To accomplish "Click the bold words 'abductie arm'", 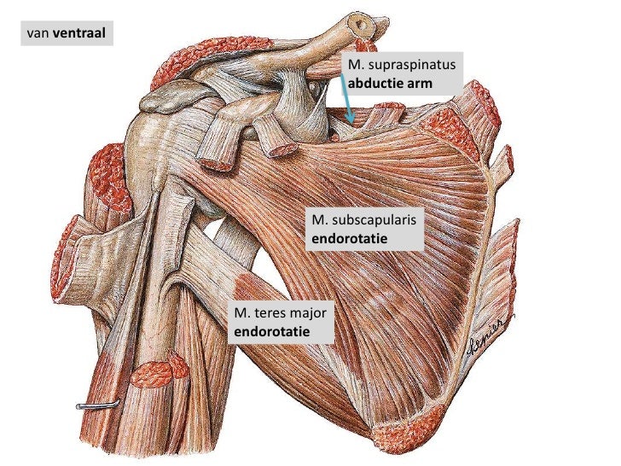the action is (x=391, y=84).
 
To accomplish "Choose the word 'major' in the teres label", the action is (x=307, y=313).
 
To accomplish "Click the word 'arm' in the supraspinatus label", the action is (x=420, y=84).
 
